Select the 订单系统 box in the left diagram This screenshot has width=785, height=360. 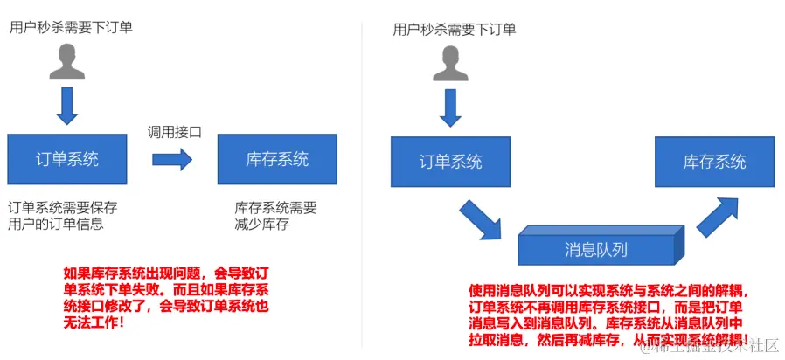(x=66, y=159)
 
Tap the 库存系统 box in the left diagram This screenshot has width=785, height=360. (x=277, y=159)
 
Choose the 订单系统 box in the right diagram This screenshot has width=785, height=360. (x=450, y=163)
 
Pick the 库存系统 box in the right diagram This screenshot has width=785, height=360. (x=714, y=163)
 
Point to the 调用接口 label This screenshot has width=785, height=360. (x=175, y=132)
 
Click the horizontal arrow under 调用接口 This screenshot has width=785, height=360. (x=172, y=159)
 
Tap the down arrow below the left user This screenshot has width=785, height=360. (x=66, y=107)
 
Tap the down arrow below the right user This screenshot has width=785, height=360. (x=450, y=107)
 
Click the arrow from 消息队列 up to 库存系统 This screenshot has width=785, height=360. (x=718, y=215)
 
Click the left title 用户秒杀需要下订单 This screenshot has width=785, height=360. (x=71, y=27)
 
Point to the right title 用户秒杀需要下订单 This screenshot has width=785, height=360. (x=455, y=30)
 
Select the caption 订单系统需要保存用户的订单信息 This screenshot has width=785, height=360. (x=62, y=216)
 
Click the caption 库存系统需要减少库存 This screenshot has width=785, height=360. (x=275, y=216)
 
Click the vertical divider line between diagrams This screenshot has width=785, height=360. (x=361, y=175)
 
